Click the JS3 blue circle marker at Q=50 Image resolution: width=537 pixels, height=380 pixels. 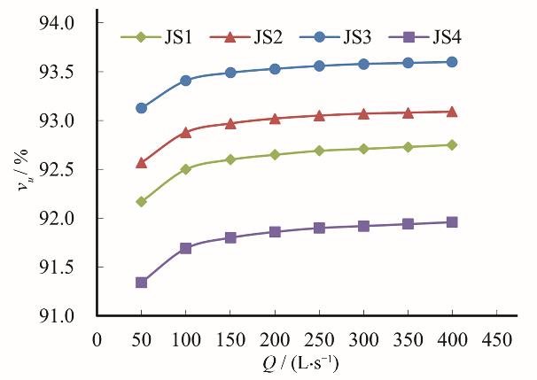click(x=141, y=108)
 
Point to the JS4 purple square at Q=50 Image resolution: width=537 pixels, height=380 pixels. click(x=141, y=283)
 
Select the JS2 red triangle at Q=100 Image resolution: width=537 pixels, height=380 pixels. click(x=186, y=132)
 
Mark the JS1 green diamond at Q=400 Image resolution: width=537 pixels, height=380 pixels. click(x=452, y=144)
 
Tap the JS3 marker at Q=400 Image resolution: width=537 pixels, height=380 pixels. click(x=452, y=62)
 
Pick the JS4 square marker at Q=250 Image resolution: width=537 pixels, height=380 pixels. click(x=319, y=228)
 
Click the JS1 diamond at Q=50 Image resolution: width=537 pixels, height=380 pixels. click(x=141, y=202)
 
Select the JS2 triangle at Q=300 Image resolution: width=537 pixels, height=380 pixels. click(x=363, y=113)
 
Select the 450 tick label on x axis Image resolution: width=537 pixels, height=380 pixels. click(x=496, y=337)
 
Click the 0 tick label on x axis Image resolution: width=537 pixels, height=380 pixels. click(x=97, y=337)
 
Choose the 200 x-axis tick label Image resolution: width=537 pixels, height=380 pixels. click(x=275, y=337)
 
